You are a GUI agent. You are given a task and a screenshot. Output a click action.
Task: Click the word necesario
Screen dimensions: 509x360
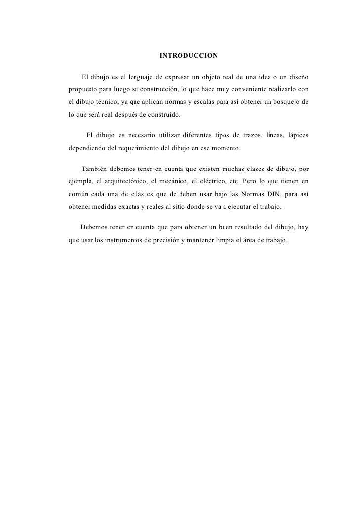click(x=148, y=136)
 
